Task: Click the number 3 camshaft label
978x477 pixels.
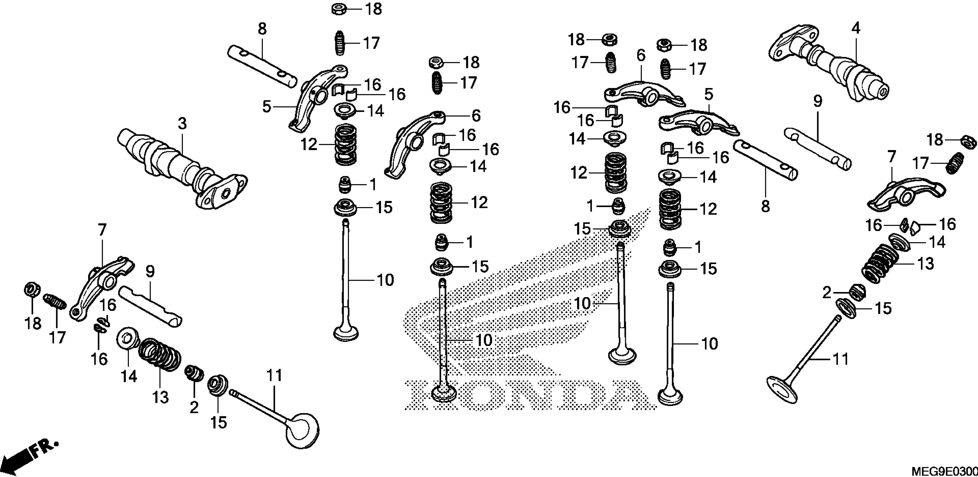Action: click(182, 124)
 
